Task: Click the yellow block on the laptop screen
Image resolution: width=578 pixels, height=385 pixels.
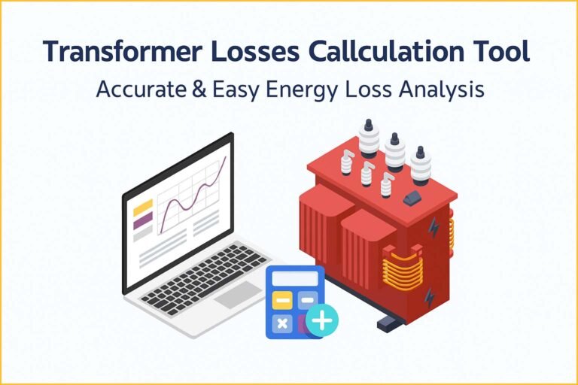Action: (x=143, y=207)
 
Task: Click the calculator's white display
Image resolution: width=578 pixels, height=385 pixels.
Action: (x=295, y=279)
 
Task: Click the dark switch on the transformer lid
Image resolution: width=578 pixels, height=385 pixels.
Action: (x=412, y=198)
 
